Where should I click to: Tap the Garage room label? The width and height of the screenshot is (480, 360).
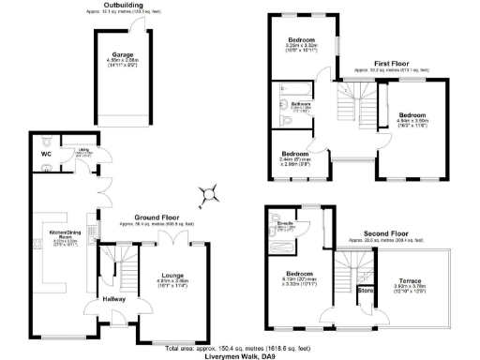121,54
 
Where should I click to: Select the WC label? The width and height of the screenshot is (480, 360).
46,152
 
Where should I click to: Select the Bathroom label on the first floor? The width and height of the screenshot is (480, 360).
301,103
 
